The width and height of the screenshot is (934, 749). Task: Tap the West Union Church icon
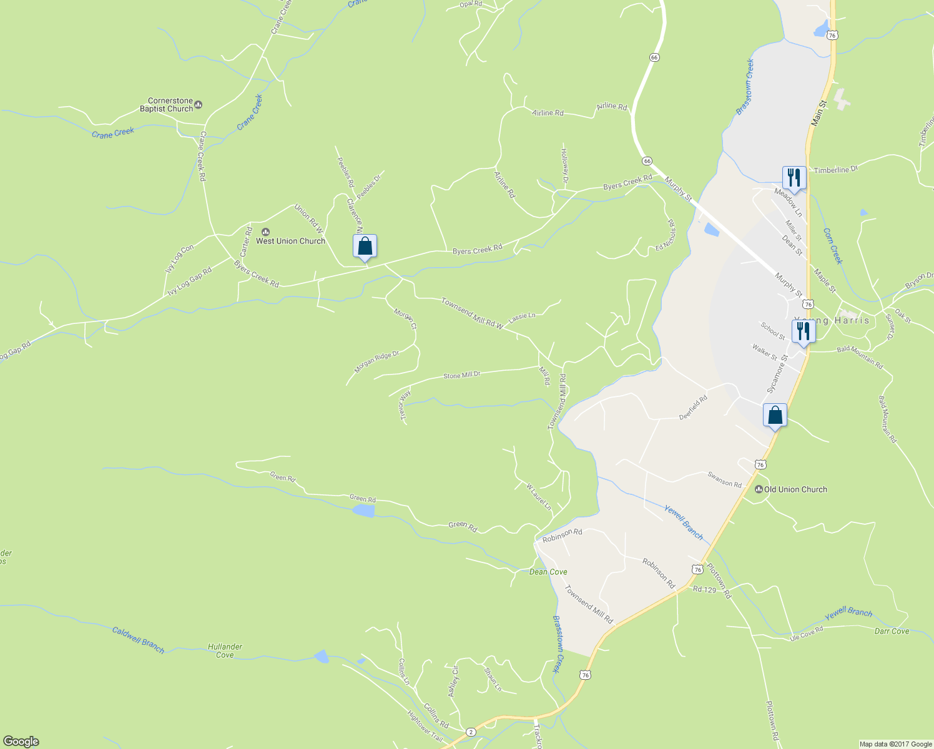tap(265, 232)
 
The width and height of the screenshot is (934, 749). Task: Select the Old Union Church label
tap(795, 489)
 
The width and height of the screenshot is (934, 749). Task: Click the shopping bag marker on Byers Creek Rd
tap(365, 247)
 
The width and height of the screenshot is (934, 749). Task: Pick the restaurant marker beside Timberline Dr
tap(794, 178)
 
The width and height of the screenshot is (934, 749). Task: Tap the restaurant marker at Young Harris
tap(804, 331)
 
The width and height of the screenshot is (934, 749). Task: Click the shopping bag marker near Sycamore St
tap(775, 415)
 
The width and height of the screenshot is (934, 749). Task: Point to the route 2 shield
tap(470, 732)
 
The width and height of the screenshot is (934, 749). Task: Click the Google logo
tap(21, 741)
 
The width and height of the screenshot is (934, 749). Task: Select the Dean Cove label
tap(548, 572)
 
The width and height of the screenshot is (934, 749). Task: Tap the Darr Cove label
tap(892, 631)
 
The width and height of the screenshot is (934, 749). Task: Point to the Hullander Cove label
tap(225, 651)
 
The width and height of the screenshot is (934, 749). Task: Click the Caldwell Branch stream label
tap(138, 640)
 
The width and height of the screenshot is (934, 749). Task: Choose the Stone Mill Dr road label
tap(461, 375)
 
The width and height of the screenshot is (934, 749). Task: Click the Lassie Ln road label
tap(522, 317)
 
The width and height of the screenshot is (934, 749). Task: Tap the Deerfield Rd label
tap(693, 408)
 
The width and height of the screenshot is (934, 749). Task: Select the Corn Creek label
tap(832, 246)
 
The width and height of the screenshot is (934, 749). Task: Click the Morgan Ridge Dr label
tap(376, 362)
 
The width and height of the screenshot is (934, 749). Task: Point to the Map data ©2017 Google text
tap(895, 744)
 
